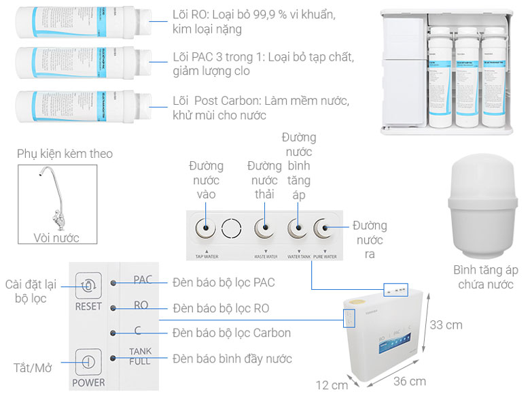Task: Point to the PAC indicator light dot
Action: [116, 281]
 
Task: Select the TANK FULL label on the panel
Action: [140, 356]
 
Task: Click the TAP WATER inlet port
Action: [203, 229]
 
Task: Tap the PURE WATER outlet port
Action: [324, 229]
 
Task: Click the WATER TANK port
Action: [296, 229]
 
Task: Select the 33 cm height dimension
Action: [446, 325]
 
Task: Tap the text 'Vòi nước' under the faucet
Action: [56, 237]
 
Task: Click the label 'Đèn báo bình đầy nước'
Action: [232, 359]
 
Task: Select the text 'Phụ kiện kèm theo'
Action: [65, 154]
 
